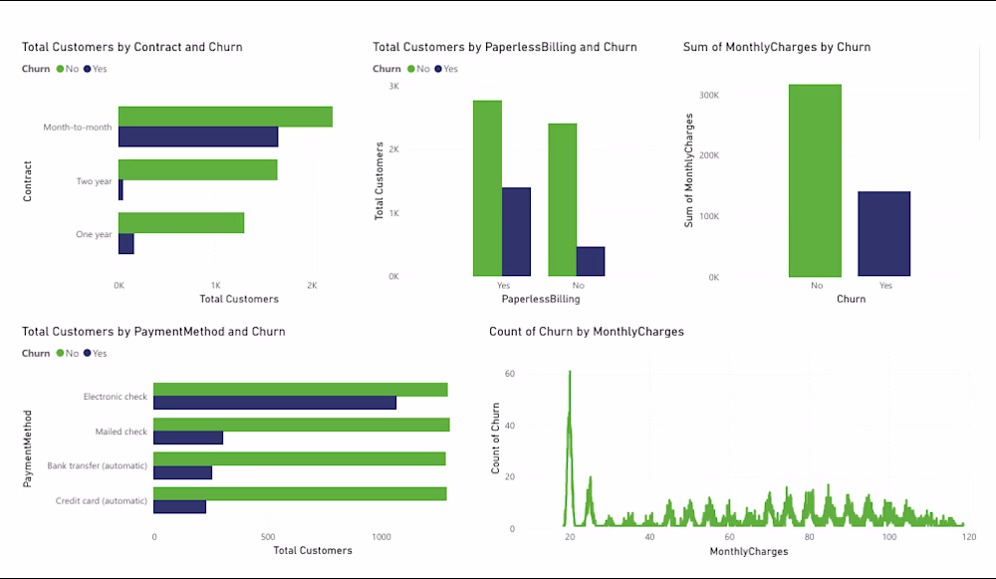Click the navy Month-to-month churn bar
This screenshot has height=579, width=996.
(x=198, y=137)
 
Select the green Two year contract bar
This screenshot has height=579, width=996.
(x=197, y=169)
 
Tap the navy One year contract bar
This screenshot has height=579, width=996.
(x=126, y=243)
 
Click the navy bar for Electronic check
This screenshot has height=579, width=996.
(x=275, y=403)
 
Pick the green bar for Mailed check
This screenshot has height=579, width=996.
(x=301, y=425)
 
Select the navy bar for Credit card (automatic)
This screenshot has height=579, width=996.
(x=180, y=506)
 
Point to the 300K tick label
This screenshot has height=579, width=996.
(x=709, y=96)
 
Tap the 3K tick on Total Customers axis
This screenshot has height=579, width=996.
(x=393, y=87)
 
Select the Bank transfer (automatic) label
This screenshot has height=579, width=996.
(x=98, y=465)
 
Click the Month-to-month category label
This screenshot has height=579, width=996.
(x=78, y=128)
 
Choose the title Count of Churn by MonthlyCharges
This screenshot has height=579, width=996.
(x=587, y=332)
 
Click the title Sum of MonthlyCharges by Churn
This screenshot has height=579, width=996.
(x=777, y=47)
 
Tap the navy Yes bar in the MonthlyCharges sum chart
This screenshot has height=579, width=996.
(x=884, y=234)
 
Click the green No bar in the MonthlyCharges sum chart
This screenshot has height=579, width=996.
(x=815, y=180)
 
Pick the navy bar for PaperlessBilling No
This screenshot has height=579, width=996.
(x=591, y=261)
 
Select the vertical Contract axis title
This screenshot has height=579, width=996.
(x=28, y=181)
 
